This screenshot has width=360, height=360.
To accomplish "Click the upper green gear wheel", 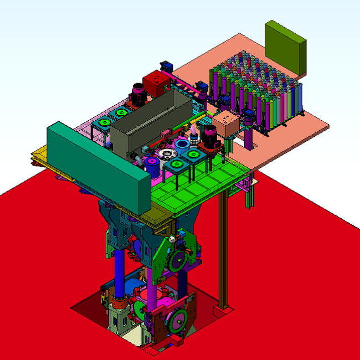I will [178, 260].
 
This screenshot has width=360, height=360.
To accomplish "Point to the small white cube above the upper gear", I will [172, 239].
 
